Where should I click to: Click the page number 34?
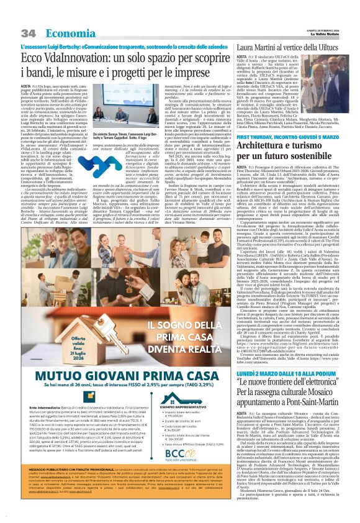coord(29,32)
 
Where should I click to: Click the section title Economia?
coord(69,32)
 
